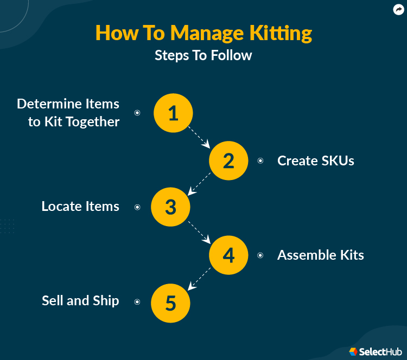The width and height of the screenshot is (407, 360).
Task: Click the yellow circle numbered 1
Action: coord(173,113)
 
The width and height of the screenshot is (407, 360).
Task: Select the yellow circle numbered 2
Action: coord(228,160)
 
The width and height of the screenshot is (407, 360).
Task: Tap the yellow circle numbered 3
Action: coord(170,207)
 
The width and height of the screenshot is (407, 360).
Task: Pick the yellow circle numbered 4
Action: coord(228,255)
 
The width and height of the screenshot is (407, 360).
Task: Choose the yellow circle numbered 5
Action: coord(170,301)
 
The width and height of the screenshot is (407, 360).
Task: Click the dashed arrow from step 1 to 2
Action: coord(199,137)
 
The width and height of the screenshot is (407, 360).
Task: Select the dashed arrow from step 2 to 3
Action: coord(199,183)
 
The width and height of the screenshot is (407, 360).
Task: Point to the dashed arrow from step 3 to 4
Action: coord(199,231)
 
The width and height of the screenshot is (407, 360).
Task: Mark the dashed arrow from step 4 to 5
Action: coord(199,278)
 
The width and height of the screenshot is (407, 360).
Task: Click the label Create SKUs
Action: coord(315,160)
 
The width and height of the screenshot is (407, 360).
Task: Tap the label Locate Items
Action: coord(80,207)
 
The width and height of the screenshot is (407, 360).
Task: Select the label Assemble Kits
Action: coord(320,255)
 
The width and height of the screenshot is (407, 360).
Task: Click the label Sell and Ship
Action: coord(80,301)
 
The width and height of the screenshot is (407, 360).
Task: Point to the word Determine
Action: coord(47,104)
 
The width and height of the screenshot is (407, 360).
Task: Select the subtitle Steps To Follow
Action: coord(203,55)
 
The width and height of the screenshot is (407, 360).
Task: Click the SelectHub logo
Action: coord(376,351)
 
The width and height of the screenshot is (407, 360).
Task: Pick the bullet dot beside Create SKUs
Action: coord(260,160)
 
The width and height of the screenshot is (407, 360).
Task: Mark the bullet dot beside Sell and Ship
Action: coord(137,301)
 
